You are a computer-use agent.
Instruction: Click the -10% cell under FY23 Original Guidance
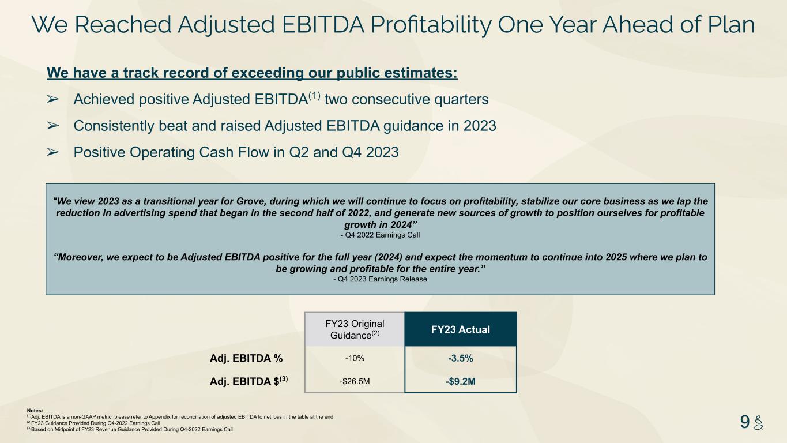point(355,358)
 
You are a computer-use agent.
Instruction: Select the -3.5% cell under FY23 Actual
point(460,358)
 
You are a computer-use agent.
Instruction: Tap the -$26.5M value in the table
point(355,381)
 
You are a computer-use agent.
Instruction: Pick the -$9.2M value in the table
point(460,381)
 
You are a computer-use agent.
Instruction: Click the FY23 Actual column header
point(460,329)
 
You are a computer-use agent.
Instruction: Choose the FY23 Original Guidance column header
point(355,329)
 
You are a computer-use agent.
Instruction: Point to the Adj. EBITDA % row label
point(246,358)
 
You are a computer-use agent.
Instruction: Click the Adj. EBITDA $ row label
point(248,381)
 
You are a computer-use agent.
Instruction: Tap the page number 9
point(744,422)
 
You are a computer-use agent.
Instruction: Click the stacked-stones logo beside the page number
point(758,422)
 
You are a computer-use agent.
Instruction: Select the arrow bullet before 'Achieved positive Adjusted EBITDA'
point(52,99)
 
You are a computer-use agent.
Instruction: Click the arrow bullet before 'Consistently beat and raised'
point(52,126)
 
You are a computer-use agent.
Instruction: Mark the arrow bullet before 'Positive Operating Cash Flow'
point(52,152)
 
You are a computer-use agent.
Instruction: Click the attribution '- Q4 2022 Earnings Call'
point(380,235)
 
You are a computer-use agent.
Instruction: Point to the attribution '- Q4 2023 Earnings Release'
point(380,279)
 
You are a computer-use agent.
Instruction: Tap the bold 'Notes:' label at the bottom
point(35,411)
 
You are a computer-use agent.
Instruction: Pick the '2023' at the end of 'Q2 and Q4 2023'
point(382,152)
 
